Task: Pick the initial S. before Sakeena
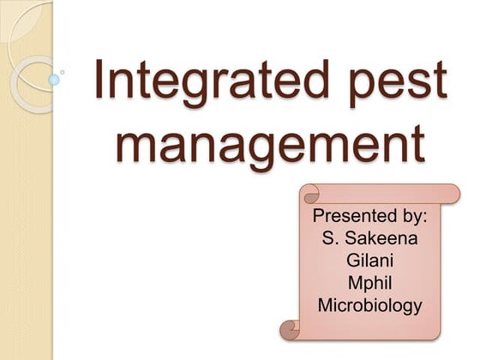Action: click(329, 237)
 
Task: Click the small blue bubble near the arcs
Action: click(54, 80)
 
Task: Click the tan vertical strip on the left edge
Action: click(26, 214)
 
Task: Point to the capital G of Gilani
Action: click(350, 260)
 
